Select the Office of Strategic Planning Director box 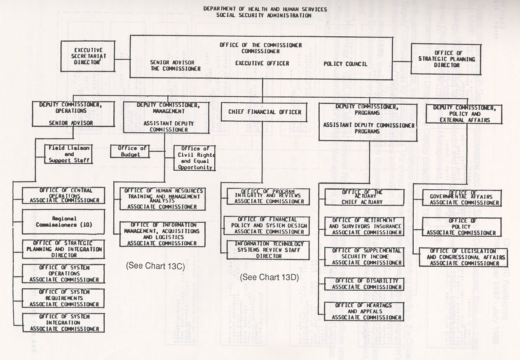[440, 59]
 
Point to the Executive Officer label [262, 64]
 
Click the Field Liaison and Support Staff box [69, 153]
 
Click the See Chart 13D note [269, 277]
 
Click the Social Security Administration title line [265, 15]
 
